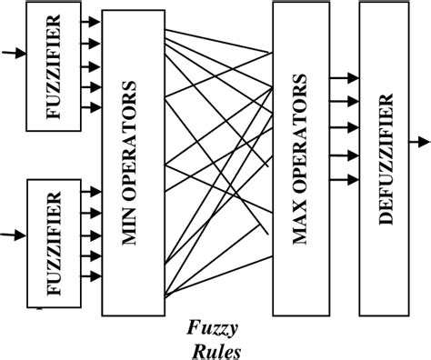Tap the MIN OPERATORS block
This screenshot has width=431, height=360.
pyautogui.click(x=134, y=164)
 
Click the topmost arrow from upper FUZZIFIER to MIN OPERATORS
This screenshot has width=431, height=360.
pyautogui.click(x=91, y=20)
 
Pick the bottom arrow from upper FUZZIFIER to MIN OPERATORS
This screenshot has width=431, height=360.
pyautogui.click(x=91, y=108)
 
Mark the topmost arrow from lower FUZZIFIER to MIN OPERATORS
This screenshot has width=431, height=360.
pyautogui.click(x=91, y=191)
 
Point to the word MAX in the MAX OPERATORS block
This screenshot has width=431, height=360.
pyautogui.click(x=298, y=227)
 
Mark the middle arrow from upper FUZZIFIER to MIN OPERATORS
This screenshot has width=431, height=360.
pyautogui.click(x=91, y=65)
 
